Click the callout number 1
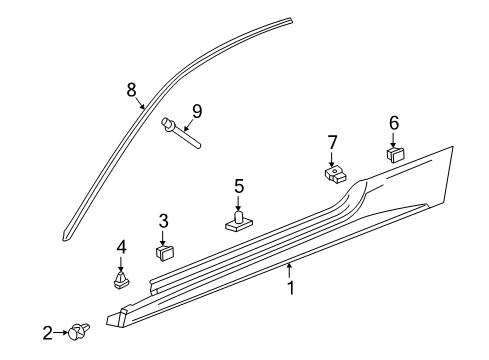[290, 288]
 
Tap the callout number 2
[47, 333]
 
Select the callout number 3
[163, 220]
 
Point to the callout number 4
[121, 246]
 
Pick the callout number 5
[239, 185]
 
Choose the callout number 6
[393, 122]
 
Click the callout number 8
[131, 89]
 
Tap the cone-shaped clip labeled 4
[122, 277]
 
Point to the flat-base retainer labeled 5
[239, 221]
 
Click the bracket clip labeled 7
[335, 175]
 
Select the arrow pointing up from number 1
[290, 270]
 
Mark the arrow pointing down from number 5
[239, 201]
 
